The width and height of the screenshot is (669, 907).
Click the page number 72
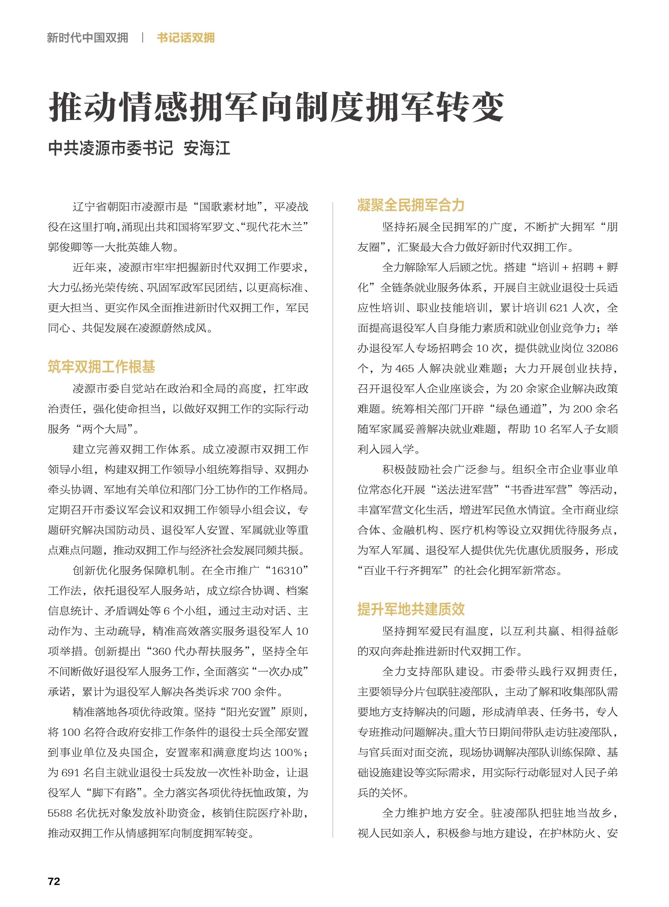coord(54,881)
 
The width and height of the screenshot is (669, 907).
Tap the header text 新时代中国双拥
coord(87,38)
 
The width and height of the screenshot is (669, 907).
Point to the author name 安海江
coord(207,148)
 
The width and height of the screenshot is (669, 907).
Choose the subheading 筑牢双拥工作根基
coord(101,366)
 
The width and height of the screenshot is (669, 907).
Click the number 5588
coord(60,813)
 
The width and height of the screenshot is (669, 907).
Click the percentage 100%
coord(288,753)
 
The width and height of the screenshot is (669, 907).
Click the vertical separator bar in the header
coord(143,38)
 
